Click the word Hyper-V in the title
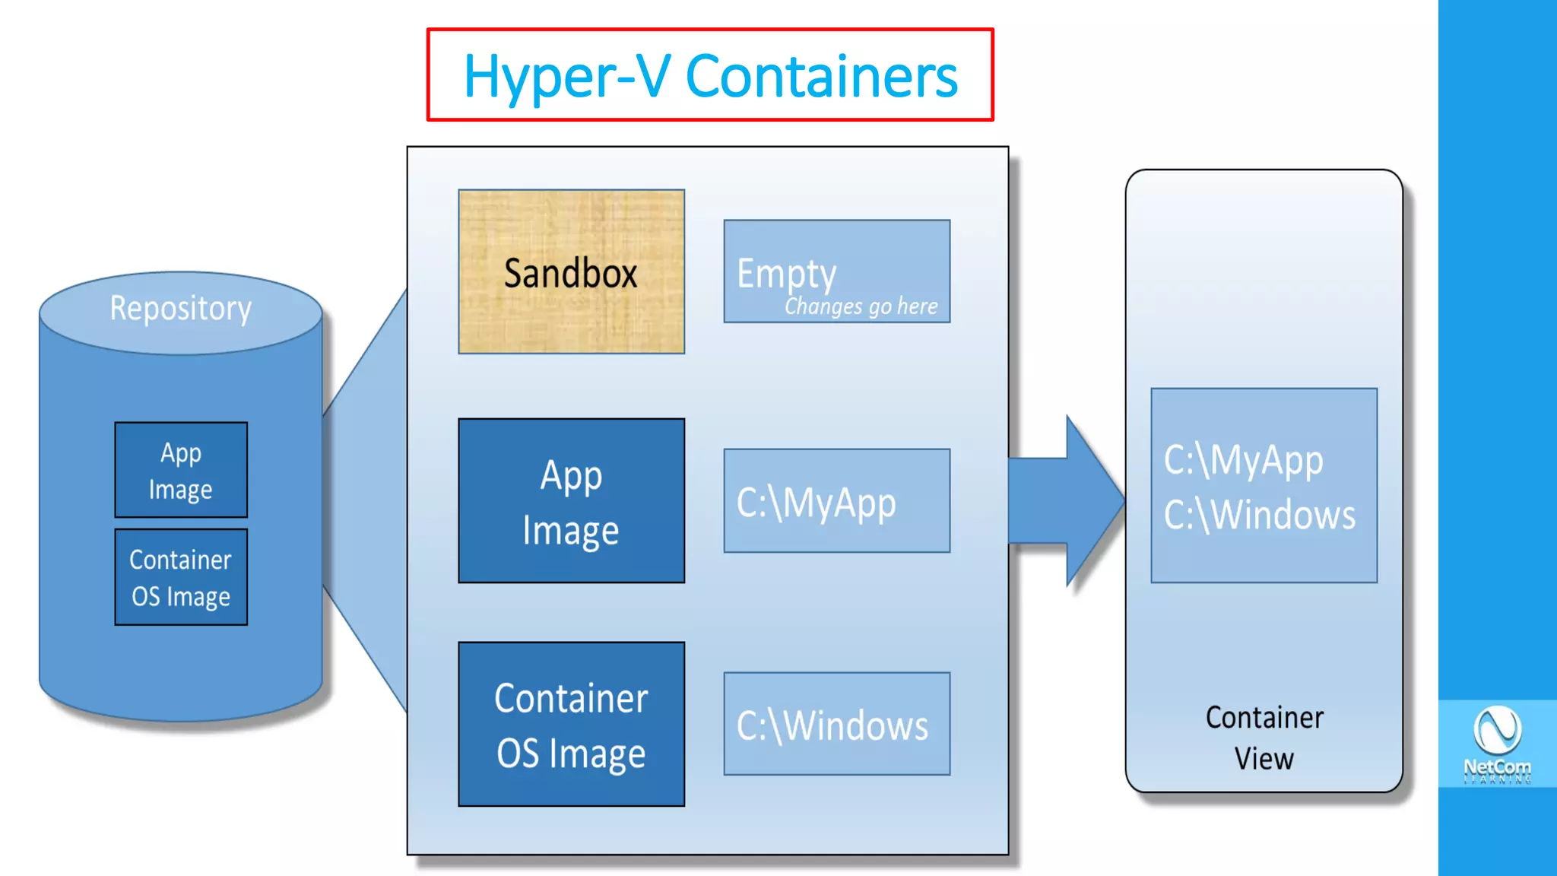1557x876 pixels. (566, 76)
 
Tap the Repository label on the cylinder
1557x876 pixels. (180, 309)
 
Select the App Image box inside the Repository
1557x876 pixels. (181, 470)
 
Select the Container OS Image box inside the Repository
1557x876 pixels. (181, 577)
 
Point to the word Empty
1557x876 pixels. (786, 273)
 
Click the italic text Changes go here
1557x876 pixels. (861, 306)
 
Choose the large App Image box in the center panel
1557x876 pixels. (571, 501)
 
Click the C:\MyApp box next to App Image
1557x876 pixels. (836, 501)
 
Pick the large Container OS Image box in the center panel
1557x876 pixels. (571, 724)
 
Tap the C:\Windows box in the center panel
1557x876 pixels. (836, 724)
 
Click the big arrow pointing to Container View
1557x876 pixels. (1072, 501)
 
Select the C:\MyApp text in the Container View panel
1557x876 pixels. (1243, 460)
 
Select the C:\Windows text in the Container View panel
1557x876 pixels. (1259, 515)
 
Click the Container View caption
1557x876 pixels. (1264, 738)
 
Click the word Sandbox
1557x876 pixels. (571, 273)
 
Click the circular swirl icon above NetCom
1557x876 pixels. (1497, 728)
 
